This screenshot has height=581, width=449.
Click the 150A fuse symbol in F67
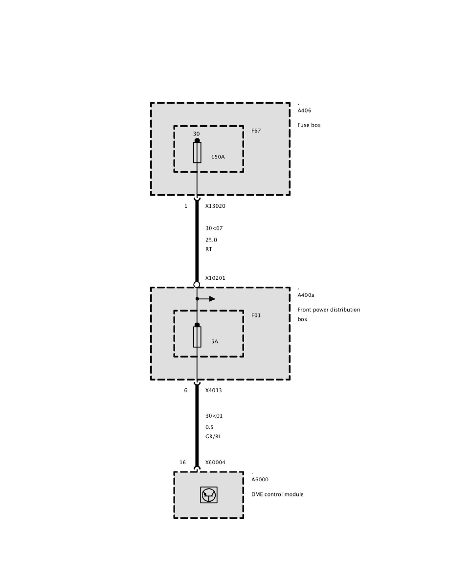pos(197,153)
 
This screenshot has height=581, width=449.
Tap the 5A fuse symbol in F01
pos(197,337)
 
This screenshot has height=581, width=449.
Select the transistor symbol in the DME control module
pos(209,495)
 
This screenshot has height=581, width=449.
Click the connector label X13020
pos(215,206)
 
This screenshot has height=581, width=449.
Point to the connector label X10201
pos(215,278)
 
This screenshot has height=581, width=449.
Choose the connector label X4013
pos(213,391)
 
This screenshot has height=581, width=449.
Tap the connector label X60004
pos(215,463)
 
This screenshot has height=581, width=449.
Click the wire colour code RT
pos(209,249)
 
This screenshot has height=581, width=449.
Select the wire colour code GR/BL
pos(213,436)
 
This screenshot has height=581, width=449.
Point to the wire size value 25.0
pos(211,240)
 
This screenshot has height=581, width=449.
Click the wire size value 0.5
pos(209,427)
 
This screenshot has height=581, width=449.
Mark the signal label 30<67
pos(214,228)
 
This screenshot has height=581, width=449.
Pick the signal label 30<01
pos(214,416)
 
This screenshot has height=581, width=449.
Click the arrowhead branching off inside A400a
pos(212,299)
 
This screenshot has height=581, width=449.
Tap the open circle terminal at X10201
pos(197,285)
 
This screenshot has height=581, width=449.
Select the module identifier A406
pos(304,111)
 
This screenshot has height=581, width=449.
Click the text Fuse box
pos(309,125)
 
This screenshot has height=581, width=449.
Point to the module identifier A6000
pos(260,480)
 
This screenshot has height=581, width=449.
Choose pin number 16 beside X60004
pos(182,463)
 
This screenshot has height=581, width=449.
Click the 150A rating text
pos(218,157)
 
